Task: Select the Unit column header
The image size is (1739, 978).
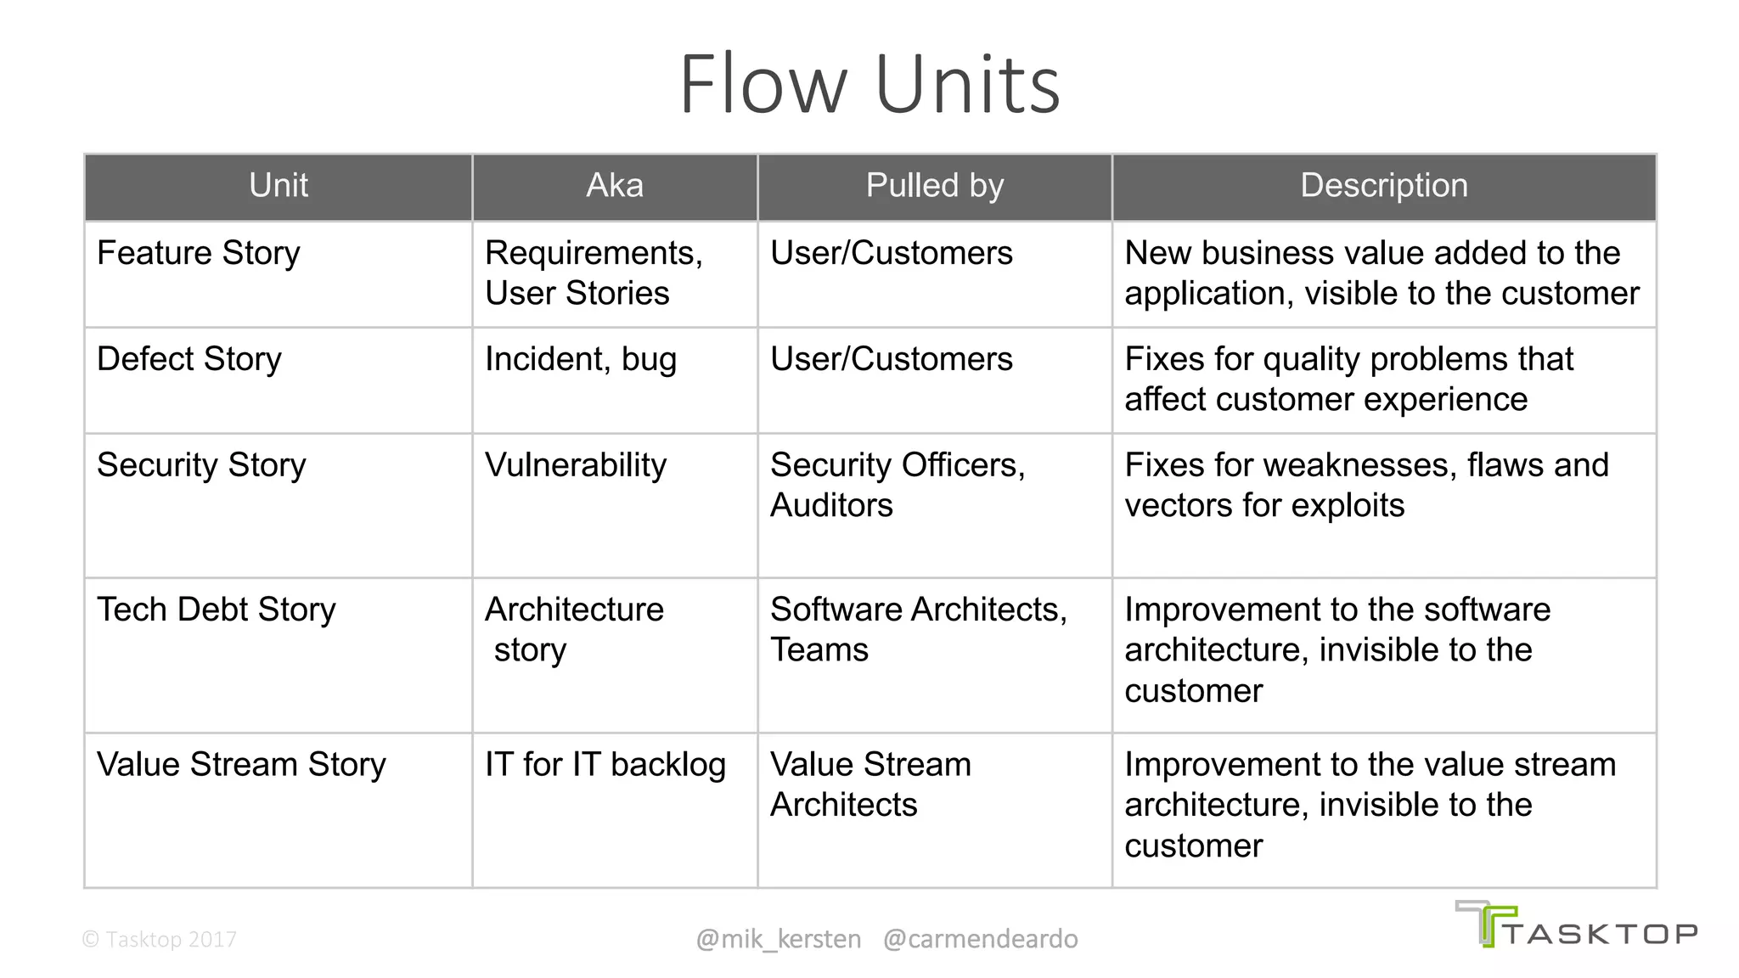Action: [278, 185]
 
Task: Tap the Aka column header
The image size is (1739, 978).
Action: [614, 185]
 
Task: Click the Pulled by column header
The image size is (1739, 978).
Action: [934, 185]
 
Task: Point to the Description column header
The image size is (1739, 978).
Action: [1383, 185]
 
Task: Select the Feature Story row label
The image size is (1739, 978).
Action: [198, 253]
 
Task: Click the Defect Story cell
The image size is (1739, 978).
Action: [189, 359]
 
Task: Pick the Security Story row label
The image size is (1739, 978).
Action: [200, 465]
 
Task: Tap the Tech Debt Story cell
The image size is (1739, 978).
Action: [216, 610]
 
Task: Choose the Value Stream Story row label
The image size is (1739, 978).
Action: [241, 764]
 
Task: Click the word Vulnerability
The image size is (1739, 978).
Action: [575, 465]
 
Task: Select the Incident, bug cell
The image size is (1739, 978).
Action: [580, 359]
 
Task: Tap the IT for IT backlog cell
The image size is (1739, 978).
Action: [605, 764]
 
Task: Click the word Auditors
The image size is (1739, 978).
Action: [830, 506]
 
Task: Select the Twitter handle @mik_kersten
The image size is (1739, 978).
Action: [778, 939]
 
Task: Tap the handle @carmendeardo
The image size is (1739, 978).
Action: [980, 939]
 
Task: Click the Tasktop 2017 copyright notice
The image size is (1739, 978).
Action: [159, 939]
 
